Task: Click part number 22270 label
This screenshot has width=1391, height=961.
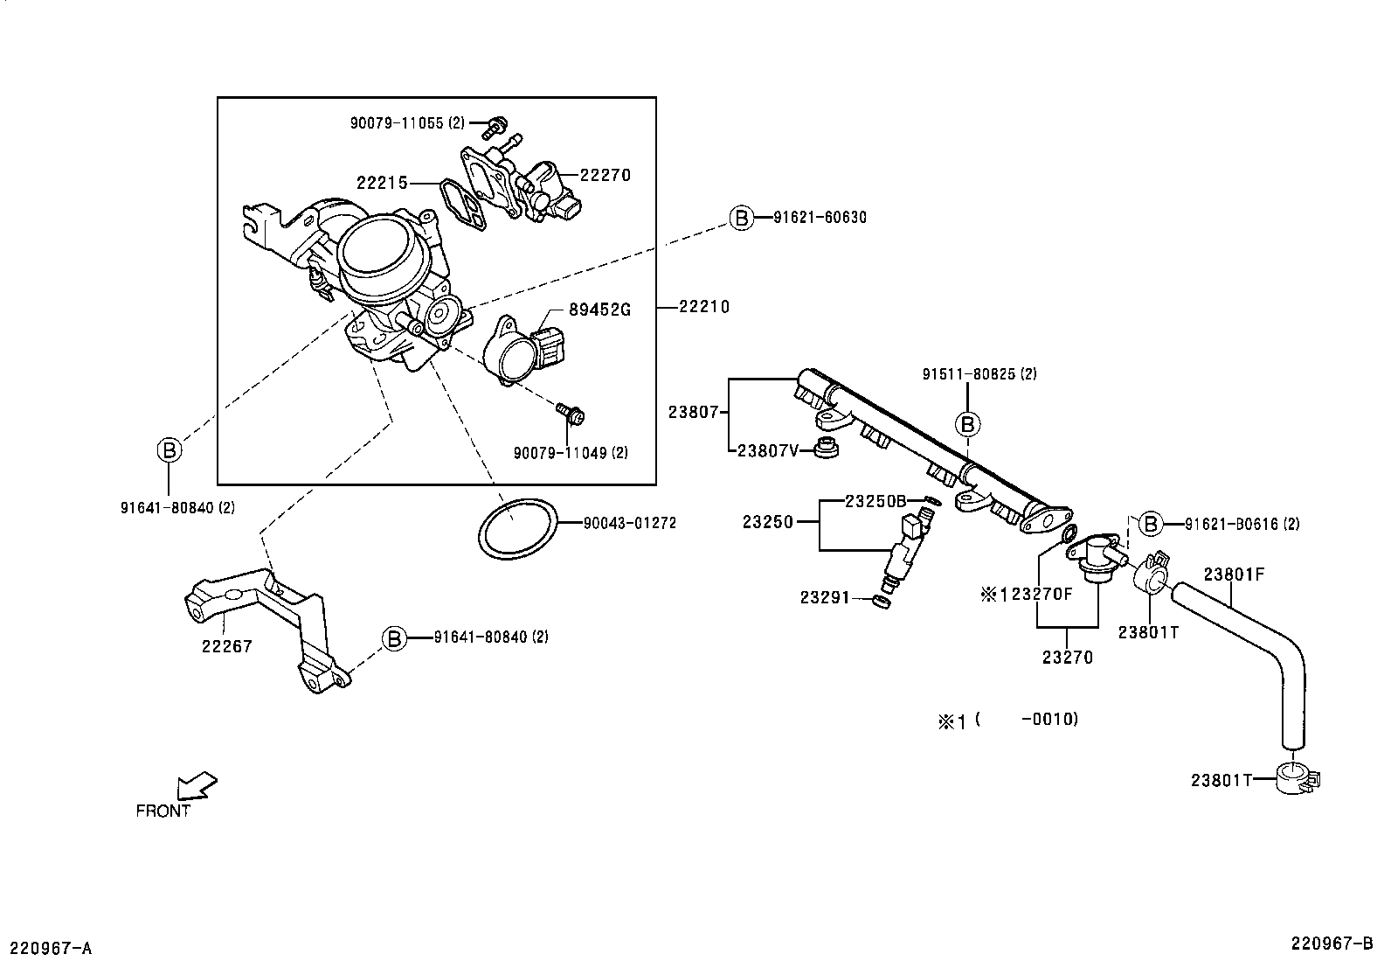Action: (605, 175)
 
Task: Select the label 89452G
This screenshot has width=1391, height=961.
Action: (599, 309)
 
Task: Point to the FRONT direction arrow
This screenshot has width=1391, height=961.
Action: (196, 785)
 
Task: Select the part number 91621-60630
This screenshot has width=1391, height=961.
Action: (820, 218)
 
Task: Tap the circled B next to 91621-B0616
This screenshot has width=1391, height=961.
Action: (1151, 524)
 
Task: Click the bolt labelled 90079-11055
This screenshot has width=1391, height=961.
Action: (499, 124)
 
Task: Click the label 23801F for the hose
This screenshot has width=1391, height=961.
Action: (1234, 575)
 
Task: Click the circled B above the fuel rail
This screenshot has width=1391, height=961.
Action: (967, 424)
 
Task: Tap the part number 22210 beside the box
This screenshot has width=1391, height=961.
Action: (704, 307)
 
